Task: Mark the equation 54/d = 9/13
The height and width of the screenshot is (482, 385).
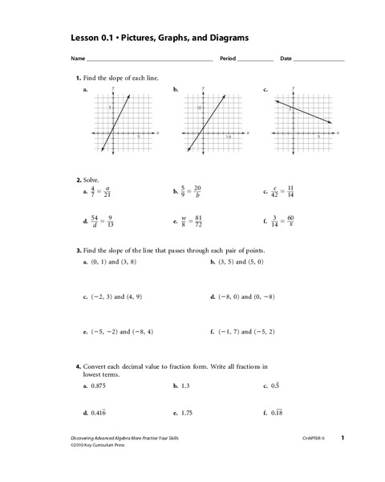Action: click(101, 221)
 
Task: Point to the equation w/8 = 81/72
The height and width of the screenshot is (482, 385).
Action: click(191, 221)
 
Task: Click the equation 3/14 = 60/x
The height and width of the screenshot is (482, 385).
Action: click(281, 221)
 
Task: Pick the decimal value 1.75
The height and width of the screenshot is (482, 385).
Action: click(187, 415)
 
